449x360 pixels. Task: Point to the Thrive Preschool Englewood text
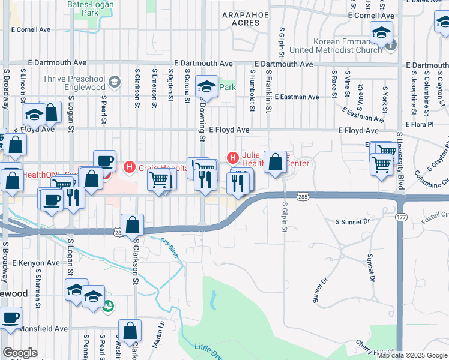pyautogui.click(x=82, y=83)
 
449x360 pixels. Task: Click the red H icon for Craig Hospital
pyautogui.click(x=128, y=166)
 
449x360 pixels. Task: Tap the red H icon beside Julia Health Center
pyautogui.click(x=233, y=158)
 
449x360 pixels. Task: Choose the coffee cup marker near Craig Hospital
pyautogui.click(x=105, y=160)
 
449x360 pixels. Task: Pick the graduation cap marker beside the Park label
pyautogui.click(x=206, y=88)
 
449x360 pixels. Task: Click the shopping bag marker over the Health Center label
pyautogui.click(x=275, y=162)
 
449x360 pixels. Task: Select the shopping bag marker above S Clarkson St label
pyautogui.click(x=133, y=225)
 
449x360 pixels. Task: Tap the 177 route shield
pyautogui.click(x=400, y=218)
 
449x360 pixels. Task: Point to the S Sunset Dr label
pyautogui.click(x=354, y=222)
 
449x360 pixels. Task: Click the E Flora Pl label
pyautogui.click(x=419, y=124)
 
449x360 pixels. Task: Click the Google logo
pyautogui.click(x=20, y=353)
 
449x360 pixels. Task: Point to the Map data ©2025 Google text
pyautogui.click(x=412, y=355)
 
